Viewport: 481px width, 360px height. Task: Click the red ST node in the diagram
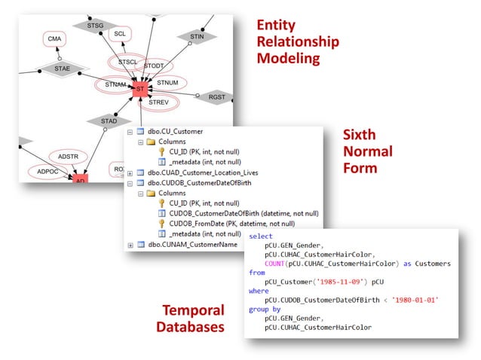pos(139,90)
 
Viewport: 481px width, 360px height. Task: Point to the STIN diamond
pos(197,35)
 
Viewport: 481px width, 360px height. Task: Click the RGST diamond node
pos(217,96)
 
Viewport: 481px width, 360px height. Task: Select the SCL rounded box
pos(119,34)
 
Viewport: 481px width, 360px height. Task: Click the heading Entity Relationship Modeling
pos(297,41)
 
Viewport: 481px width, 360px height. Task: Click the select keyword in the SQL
pos(261,236)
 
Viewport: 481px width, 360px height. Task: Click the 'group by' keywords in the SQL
pos(266,309)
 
